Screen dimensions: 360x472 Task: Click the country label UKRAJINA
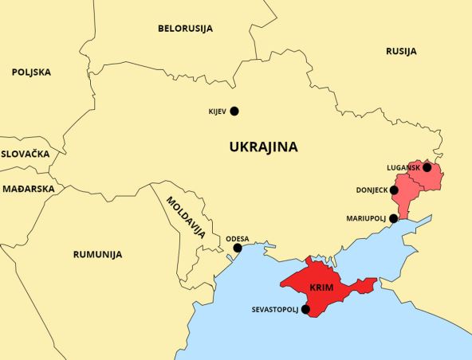(x=263, y=147)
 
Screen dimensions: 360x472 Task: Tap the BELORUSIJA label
(x=184, y=29)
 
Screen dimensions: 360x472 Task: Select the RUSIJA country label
(x=401, y=51)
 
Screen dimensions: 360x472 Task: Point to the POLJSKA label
(x=31, y=72)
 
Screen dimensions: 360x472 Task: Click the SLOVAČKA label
(x=25, y=154)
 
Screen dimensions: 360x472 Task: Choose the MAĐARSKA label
(x=27, y=189)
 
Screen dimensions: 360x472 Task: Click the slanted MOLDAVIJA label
(x=186, y=217)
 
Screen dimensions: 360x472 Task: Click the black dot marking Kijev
(x=234, y=112)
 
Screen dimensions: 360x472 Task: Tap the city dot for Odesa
(x=237, y=248)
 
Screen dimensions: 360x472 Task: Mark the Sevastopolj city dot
(x=306, y=309)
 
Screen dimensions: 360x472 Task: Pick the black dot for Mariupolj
(x=393, y=217)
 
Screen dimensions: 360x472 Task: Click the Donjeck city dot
(x=394, y=190)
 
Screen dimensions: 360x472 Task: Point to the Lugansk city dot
(x=427, y=167)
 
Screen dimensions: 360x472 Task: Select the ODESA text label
(x=237, y=238)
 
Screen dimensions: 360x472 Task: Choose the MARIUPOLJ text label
(x=365, y=217)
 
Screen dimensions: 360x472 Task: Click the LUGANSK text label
(x=403, y=167)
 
